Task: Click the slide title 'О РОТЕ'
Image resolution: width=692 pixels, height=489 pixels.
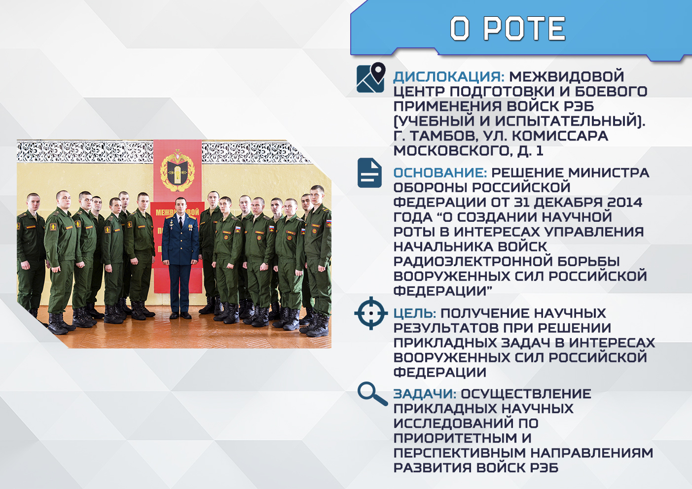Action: pos(508,29)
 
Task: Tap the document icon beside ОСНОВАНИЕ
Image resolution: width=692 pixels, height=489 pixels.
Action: pos(369,173)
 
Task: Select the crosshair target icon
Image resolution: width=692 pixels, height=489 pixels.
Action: pos(371,313)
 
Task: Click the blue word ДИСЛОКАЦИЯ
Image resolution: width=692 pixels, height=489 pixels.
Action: pos(448,77)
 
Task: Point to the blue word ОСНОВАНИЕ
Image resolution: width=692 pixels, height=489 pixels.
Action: pos(440,173)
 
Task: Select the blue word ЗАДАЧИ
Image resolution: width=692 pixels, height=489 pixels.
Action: pos(425,394)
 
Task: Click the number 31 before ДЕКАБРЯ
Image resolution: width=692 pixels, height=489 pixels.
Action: pos(522,203)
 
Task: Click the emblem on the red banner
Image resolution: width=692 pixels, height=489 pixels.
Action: pos(178,171)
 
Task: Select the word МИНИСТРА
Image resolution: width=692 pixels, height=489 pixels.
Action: pos(609,173)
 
